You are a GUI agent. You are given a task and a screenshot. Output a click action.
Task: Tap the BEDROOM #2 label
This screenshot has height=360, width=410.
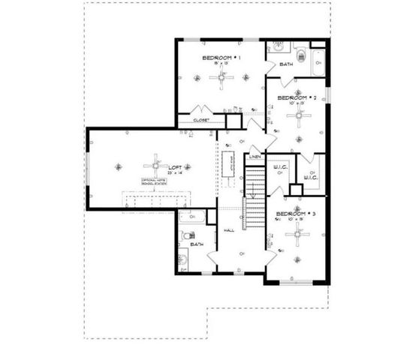(294, 97)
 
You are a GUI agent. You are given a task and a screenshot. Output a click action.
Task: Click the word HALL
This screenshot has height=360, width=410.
(229, 230)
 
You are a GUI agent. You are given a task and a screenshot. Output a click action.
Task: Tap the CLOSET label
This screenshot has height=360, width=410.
(201, 120)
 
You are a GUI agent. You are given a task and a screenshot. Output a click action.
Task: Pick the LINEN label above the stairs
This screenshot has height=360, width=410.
(255, 157)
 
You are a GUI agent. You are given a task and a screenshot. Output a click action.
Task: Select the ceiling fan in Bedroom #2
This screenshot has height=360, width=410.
(299, 115)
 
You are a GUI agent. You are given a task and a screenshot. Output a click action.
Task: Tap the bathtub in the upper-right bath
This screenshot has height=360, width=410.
(318, 61)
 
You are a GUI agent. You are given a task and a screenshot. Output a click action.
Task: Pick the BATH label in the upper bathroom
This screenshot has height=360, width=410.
(286, 64)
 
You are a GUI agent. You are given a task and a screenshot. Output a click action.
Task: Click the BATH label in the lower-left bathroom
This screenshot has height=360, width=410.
(197, 244)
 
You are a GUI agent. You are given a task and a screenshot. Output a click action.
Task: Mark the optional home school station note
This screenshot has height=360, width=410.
(155, 182)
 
